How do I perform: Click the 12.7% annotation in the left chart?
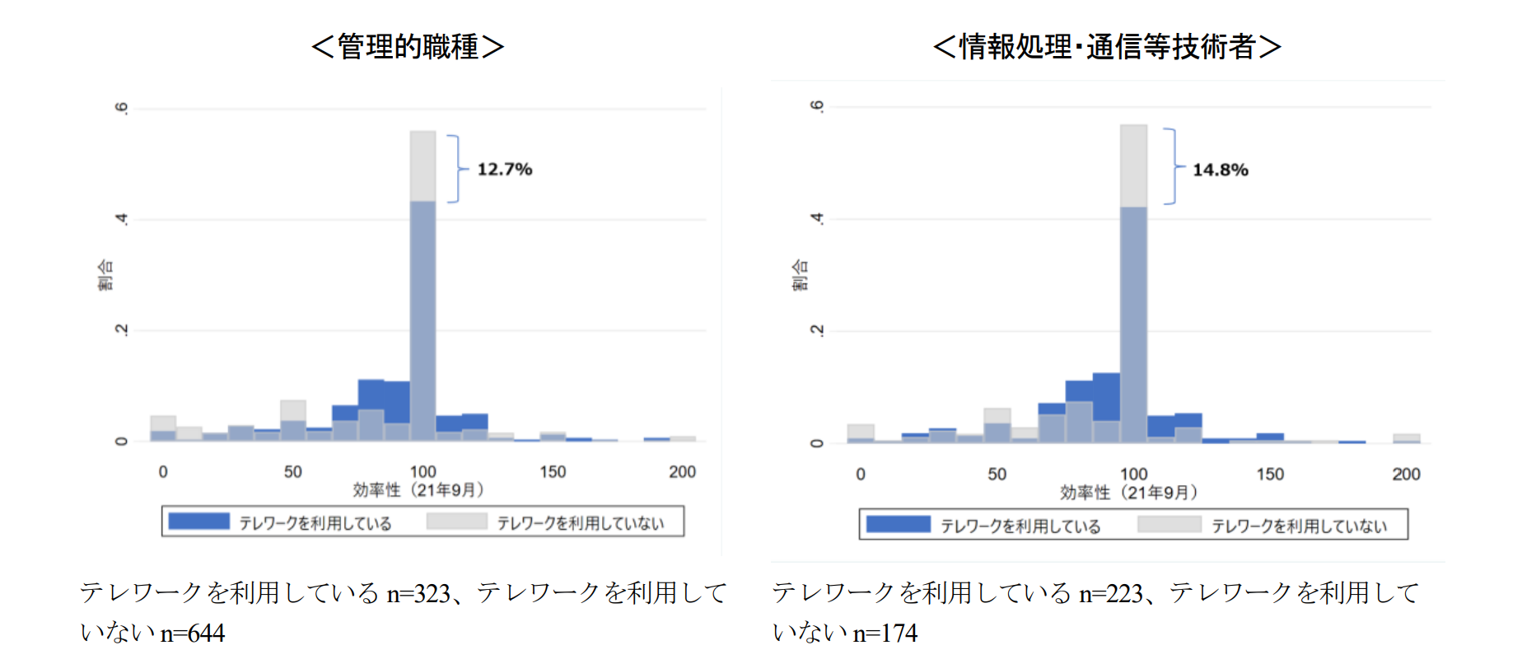pos(504,169)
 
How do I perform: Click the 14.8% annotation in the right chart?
pos(1220,170)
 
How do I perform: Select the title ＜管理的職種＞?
pos(408,46)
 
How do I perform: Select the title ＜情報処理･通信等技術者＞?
pos(1107,46)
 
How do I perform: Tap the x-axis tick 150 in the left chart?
pos(553,472)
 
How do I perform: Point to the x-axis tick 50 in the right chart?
pos(997,475)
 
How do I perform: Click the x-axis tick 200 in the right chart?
pos(1406,475)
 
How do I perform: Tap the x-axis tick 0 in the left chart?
pos(163,472)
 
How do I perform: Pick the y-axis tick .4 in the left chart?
pos(122,219)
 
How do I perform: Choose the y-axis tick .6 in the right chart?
pos(816,106)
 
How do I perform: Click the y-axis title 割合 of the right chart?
pos(800,275)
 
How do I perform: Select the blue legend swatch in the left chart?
pos(198,521)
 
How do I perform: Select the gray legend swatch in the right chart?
pos(1169,525)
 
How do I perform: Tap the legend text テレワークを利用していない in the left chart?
pos(581,523)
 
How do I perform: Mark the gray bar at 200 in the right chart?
pos(1406,437)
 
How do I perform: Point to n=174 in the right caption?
pos(885,633)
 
